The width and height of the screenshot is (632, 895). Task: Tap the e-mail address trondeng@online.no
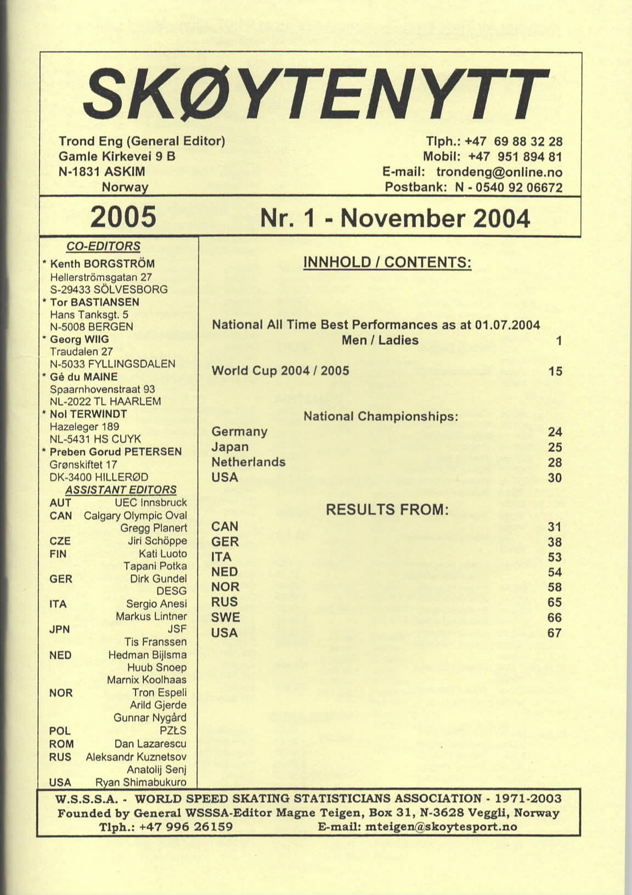click(x=499, y=172)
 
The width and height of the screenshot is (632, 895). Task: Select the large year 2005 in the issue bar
click(x=123, y=217)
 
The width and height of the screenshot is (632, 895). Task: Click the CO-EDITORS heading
click(x=103, y=247)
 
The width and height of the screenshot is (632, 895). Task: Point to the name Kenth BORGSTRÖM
click(x=102, y=264)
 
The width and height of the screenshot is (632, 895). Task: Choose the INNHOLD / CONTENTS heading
click(x=387, y=262)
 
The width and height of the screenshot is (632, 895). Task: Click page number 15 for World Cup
click(x=555, y=372)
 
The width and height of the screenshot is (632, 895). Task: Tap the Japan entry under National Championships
click(x=230, y=447)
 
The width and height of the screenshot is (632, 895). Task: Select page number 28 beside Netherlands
click(x=555, y=463)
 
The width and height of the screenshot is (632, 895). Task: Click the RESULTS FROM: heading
click(x=387, y=510)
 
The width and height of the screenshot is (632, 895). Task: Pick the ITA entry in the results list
click(x=221, y=557)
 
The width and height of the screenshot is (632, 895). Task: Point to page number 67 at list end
click(x=555, y=633)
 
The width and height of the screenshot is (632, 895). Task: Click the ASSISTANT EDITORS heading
click(x=121, y=490)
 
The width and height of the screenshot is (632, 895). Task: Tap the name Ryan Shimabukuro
click(x=141, y=782)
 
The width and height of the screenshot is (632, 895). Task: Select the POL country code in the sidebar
click(x=60, y=731)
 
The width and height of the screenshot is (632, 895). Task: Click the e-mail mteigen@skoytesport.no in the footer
click(x=417, y=827)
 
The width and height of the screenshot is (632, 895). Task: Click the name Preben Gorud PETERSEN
click(x=116, y=452)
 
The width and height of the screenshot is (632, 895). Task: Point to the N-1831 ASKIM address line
click(x=101, y=171)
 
